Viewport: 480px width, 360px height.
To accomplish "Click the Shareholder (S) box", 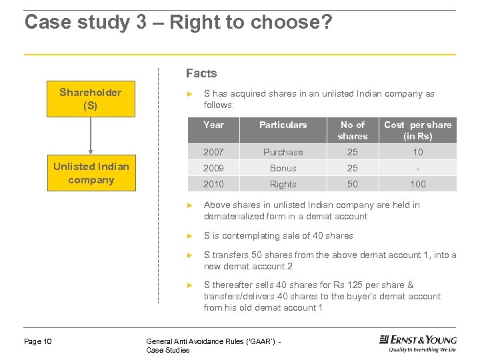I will (x=91, y=99).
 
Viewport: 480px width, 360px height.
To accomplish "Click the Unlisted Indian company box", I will (x=91, y=173).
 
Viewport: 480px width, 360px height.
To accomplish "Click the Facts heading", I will (x=201, y=73).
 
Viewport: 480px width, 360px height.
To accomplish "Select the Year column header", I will (x=213, y=125).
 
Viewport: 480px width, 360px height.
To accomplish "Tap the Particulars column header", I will (x=283, y=125).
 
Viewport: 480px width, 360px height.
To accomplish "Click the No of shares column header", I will (x=352, y=130).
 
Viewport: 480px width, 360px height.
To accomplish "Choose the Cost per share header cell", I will (x=417, y=130).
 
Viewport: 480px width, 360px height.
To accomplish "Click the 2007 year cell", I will (x=213, y=152).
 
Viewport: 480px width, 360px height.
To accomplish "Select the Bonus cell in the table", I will (x=283, y=168).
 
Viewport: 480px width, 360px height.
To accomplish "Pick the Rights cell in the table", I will (x=283, y=184).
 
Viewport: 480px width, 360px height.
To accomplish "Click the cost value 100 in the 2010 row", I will (x=417, y=184).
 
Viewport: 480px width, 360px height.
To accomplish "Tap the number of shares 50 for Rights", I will (x=352, y=184).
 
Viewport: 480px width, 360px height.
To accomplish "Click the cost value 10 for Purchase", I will (x=417, y=152).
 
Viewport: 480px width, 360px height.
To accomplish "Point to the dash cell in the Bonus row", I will (x=417, y=168).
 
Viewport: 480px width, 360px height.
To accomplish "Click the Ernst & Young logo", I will (x=417, y=343).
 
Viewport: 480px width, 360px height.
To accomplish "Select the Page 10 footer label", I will (x=38, y=342).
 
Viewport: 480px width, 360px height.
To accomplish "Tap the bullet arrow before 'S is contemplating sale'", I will (x=189, y=236).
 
